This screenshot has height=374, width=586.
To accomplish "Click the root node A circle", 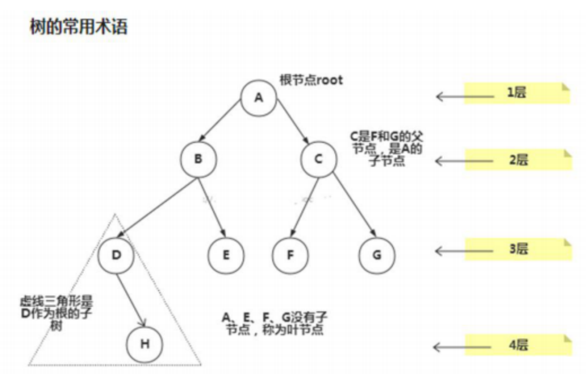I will coord(259,97).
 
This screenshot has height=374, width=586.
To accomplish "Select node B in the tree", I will coord(198,159).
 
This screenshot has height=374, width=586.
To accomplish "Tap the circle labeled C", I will coord(318,159).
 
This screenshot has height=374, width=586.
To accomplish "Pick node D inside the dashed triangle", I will coord(116,255).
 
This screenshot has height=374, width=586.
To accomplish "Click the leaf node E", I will coord(226,255).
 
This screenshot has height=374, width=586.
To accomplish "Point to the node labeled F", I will coord(290,255).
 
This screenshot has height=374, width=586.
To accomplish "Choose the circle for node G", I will coord(377,255).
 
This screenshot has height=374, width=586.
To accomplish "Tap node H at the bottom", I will coord(145,343).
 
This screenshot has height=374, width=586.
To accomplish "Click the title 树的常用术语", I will coord(78,27).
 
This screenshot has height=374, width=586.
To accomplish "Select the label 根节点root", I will coord(311,80).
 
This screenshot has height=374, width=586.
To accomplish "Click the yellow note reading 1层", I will coord(517,93).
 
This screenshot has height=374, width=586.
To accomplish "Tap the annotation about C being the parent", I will coord(387,149).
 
